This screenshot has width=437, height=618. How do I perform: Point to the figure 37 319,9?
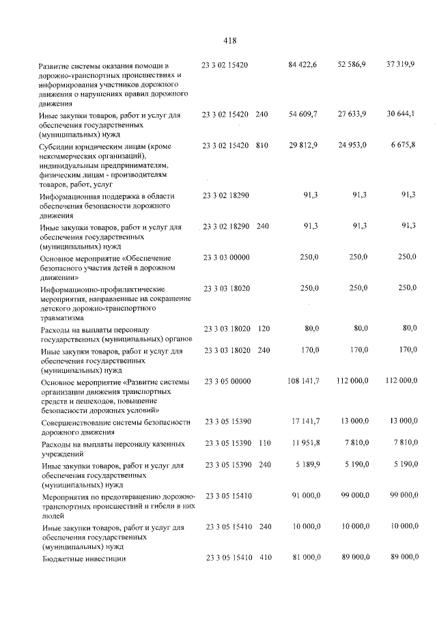(x=400, y=64)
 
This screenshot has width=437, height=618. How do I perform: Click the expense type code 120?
(x=264, y=328)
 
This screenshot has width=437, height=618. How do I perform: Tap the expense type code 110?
(x=264, y=444)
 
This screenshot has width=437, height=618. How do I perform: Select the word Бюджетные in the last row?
(x=65, y=559)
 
